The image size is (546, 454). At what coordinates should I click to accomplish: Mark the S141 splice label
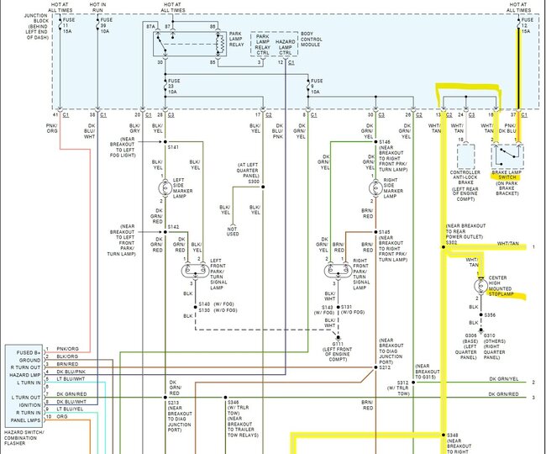[x=174, y=147]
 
